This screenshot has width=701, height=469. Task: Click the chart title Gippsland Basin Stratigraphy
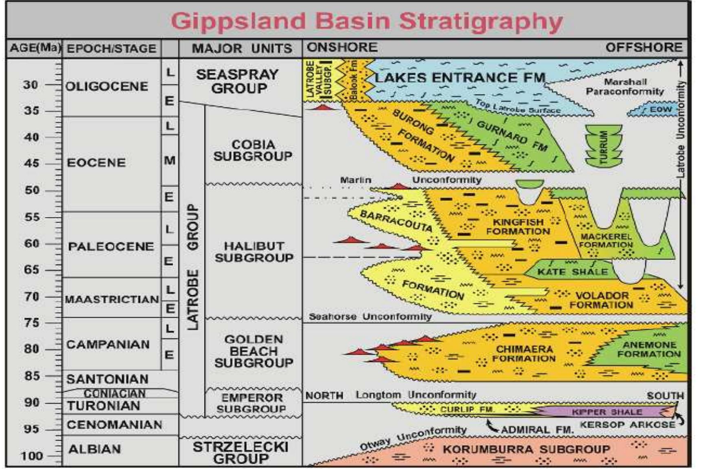tap(366, 21)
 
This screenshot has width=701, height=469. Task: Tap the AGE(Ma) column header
tap(35, 48)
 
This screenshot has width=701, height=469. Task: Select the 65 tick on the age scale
tap(31, 270)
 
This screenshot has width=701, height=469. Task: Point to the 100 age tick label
tap(31, 456)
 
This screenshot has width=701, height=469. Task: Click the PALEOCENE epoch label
tap(111, 247)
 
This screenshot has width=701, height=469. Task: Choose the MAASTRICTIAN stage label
tap(112, 299)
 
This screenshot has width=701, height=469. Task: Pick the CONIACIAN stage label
tap(115, 394)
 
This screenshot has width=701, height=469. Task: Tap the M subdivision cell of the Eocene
tap(170, 160)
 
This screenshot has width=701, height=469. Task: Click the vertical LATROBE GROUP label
tap(192, 267)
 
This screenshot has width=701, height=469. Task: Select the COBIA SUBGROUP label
tap(253, 150)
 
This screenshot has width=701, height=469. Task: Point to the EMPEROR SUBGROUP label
tap(252, 403)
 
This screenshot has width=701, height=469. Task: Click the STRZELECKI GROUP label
tap(240, 452)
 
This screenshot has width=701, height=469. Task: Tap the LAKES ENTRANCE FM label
tap(460, 77)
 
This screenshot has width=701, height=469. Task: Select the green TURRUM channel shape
tap(604, 146)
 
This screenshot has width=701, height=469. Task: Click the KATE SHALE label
tap(572, 272)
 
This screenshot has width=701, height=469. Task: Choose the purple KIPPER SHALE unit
tap(607, 412)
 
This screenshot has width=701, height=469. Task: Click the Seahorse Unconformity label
tap(370, 317)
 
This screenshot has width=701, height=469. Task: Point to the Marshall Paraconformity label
tap(625, 87)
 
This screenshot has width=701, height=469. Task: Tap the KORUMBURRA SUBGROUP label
tap(526, 449)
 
